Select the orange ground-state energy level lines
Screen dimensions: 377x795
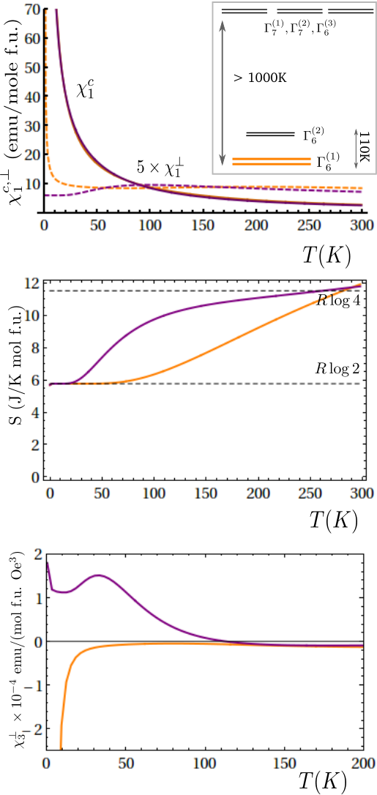coord(271,162)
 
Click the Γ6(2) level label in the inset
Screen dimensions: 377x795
coord(313,135)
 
